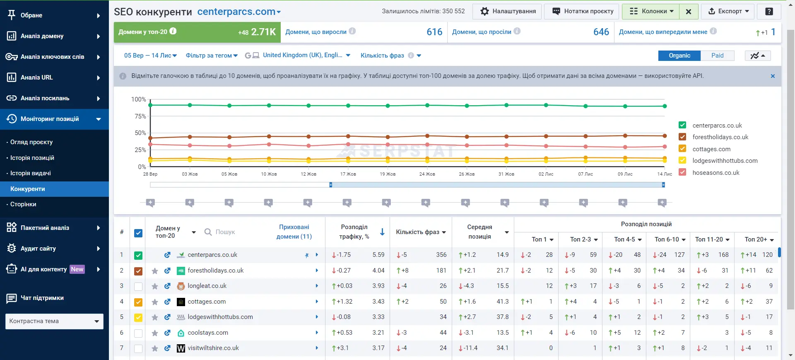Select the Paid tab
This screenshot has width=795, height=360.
(x=718, y=56)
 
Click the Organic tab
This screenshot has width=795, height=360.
(x=679, y=56)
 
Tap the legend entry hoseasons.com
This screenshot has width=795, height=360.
(x=716, y=173)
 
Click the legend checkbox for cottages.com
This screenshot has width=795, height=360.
(x=682, y=149)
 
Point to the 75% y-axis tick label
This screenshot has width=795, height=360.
(x=140, y=116)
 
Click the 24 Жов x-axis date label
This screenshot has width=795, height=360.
(x=427, y=174)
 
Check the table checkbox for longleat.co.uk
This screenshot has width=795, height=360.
(x=138, y=286)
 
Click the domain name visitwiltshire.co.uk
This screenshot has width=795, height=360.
(x=213, y=348)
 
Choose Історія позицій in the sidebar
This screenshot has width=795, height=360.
(x=32, y=158)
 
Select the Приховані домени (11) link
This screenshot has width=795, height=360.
(x=294, y=232)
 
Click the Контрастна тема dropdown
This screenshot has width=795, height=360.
(x=54, y=321)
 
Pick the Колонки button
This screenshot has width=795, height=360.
(x=650, y=12)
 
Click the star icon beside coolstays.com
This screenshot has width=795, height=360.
(x=155, y=333)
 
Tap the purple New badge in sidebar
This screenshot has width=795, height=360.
(x=77, y=269)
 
